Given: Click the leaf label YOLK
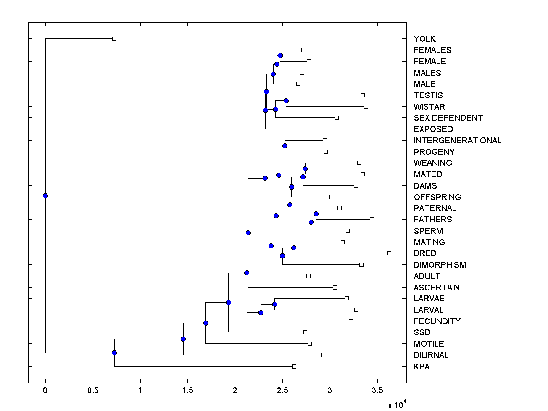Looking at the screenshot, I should point(424,39).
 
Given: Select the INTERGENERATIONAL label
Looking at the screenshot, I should point(457,141).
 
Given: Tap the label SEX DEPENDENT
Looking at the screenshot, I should point(448,118).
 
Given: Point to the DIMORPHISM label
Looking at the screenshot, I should point(440,265).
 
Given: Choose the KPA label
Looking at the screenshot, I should point(422,367).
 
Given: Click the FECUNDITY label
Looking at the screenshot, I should point(437,321).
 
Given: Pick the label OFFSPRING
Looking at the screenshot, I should point(437,197).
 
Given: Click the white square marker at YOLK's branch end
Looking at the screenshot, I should point(115,38).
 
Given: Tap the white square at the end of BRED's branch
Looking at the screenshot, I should point(389,253).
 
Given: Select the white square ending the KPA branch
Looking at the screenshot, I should point(294,366).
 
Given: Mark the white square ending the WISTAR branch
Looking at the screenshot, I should point(366,106).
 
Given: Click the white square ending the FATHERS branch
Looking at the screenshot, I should point(372,220).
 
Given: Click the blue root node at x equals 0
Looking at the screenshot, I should point(45,195).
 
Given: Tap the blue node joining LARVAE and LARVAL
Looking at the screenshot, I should point(274,304).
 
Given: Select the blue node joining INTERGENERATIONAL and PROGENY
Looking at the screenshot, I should point(285,146).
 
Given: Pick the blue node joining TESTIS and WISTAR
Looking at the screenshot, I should point(286,100).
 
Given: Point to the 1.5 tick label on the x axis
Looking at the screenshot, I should point(187,391).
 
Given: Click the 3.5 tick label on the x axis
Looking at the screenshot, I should point(377,391).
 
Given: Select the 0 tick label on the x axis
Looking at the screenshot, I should point(45,391).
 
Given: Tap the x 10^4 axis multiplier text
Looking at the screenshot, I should point(395,405).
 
